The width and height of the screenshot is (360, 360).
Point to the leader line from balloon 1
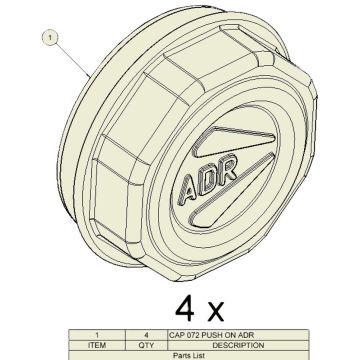(70, 61)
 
